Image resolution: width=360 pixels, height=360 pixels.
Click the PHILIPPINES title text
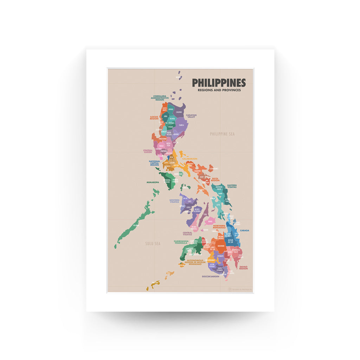pos(219,83)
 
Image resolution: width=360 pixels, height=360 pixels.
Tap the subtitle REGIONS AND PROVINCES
pos(219,90)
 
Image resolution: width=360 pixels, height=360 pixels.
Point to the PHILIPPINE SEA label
pos(222,134)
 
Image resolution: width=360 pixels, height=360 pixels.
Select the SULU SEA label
pos(153,243)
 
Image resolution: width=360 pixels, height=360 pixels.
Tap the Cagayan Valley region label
pos(191,116)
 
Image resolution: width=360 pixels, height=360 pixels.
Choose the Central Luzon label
pos(148,151)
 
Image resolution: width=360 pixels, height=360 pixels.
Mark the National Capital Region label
pos(154,163)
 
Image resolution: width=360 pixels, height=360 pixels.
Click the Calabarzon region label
pos(189,159)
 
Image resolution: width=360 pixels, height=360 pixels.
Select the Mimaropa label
pos(153,182)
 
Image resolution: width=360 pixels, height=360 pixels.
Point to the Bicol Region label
pos(215,179)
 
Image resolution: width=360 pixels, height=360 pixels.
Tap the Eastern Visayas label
pos(232,186)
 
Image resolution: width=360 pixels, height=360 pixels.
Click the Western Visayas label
pos(174,201)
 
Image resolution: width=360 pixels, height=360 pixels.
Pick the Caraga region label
pos(244,231)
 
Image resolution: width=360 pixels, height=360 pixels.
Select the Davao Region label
pos(243,268)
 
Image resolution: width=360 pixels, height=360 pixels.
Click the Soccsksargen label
pos(210,276)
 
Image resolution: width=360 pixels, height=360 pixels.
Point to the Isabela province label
pos(181,125)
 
